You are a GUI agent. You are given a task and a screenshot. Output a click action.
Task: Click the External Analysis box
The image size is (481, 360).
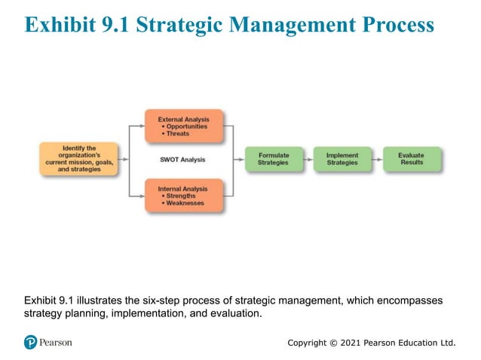[x=184, y=126]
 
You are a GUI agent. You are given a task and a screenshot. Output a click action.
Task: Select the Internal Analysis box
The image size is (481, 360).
[x=184, y=195]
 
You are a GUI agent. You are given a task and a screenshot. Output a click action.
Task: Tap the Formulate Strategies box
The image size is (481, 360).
[x=272, y=159]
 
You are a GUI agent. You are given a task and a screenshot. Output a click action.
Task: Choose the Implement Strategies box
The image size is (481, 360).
[x=342, y=159]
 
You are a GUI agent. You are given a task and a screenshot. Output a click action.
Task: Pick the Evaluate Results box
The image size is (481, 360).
[x=411, y=159]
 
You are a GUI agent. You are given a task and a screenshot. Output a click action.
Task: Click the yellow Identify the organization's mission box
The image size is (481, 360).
[x=79, y=159]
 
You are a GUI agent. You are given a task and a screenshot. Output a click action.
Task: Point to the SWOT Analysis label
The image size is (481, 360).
[x=182, y=160]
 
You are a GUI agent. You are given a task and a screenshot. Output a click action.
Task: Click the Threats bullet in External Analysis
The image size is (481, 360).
[x=178, y=133]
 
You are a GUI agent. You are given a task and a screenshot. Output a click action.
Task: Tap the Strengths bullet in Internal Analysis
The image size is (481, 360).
[x=180, y=196]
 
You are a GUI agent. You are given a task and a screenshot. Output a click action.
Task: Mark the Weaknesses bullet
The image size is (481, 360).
[x=184, y=203]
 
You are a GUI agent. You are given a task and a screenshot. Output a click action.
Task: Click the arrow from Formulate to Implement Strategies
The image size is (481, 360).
[x=305, y=159]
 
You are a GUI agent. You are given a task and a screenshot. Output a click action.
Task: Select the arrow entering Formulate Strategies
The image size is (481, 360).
[x=239, y=159]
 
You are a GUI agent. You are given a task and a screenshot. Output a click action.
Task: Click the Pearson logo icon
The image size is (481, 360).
[x=30, y=343]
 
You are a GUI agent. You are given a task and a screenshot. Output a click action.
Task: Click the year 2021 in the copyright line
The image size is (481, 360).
[x=351, y=343]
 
